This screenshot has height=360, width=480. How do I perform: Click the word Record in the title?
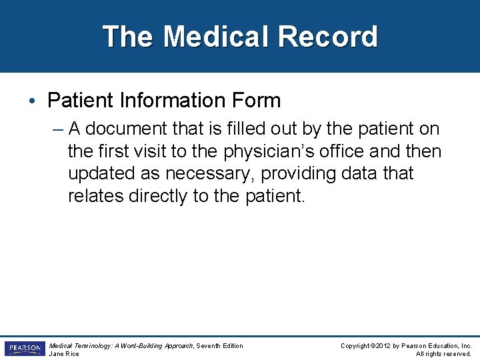(x=330, y=37)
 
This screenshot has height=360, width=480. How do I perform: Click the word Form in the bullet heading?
(x=257, y=101)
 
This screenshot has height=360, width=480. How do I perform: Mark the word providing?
(x=304, y=174)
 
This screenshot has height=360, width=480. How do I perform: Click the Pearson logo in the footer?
(x=24, y=349)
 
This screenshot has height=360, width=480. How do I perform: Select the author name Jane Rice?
(x=64, y=354)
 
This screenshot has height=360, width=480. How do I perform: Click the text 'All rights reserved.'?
(x=443, y=354)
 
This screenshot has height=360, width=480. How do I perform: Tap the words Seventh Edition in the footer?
(x=219, y=345)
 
